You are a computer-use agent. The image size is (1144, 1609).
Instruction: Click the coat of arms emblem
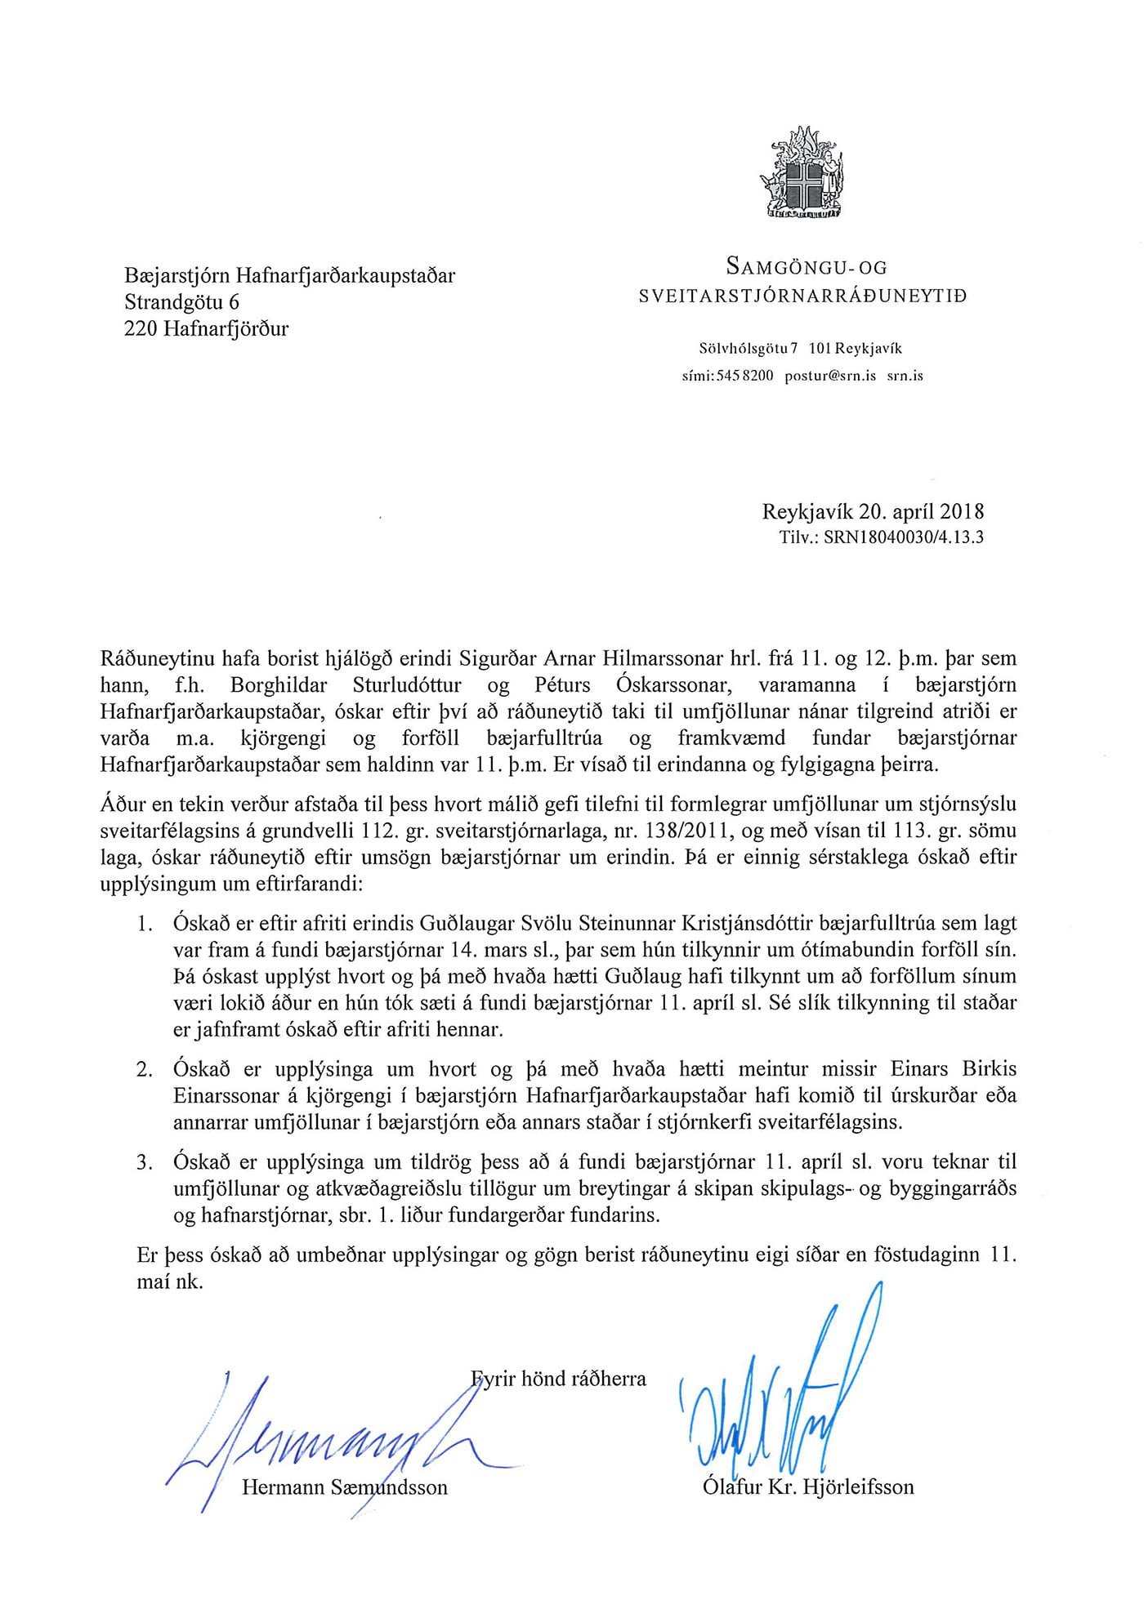click(804, 174)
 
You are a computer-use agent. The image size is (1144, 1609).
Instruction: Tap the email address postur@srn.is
click(830, 377)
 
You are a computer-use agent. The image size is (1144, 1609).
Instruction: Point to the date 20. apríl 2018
click(922, 512)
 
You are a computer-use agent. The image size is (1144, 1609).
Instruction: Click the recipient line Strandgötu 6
click(181, 302)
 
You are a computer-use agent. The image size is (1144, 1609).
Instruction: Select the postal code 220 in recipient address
click(141, 329)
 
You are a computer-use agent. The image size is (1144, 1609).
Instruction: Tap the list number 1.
click(145, 925)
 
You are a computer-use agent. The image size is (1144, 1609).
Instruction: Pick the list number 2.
click(145, 1070)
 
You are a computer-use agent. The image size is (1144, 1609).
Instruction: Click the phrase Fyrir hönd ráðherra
click(559, 1379)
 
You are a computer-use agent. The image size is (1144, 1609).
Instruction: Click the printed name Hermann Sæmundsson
click(345, 1487)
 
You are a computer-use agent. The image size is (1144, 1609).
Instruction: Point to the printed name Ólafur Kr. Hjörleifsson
click(808, 1486)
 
